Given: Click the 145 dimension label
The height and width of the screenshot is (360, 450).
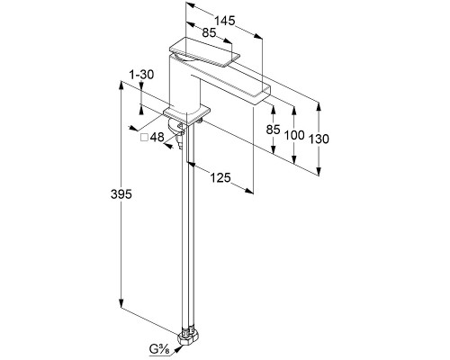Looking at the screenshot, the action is tap(225, 21).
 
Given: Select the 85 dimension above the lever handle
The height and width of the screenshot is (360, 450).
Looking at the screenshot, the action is tap(209, 32).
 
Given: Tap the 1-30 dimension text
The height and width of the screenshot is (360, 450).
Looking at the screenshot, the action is tap(141, 75).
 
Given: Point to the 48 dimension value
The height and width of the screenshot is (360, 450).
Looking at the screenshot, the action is tap(157, 138).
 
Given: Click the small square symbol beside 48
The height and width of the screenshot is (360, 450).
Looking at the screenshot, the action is tap(144, 138).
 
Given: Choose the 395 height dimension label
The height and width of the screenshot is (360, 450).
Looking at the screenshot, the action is tap(121, 194).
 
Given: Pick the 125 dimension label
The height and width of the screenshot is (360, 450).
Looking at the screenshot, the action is tap(220, 178).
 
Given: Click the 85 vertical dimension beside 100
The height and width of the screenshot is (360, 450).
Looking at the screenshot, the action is tap(273, 130).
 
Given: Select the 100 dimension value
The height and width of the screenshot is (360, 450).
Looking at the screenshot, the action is tap(294, 135).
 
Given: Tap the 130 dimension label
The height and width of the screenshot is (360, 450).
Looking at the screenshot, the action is tap(319, 139).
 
